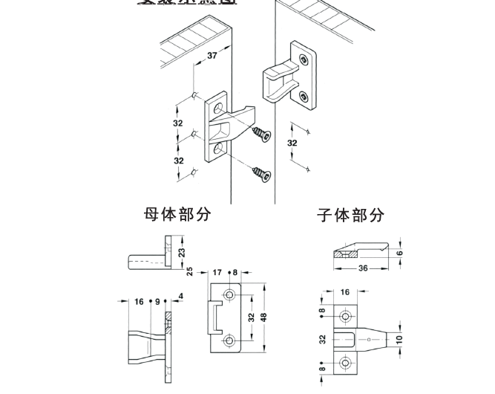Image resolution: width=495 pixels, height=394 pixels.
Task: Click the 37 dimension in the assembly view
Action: [x=212, y=56]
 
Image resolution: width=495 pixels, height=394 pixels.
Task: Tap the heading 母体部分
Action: [x=177, y=214]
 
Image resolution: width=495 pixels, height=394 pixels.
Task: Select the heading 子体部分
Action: [x=351, y=216]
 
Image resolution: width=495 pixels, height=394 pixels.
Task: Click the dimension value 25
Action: [x=190, y=271]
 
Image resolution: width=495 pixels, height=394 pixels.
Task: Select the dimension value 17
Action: [x=217, y=273]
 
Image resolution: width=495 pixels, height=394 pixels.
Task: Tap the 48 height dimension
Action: [x=263, y=317]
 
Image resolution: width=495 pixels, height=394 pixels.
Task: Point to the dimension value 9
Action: [x=157, y=302]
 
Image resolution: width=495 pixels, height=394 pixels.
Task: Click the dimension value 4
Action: [x=180, y=297]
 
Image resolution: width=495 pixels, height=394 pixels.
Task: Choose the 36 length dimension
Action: [x=363, y=268]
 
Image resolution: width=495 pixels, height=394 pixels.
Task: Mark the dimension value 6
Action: [x=399, y=253]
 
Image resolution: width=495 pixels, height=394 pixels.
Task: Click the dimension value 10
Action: [x=399, y=339]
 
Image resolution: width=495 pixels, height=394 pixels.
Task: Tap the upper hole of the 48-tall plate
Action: [x=229, y=296]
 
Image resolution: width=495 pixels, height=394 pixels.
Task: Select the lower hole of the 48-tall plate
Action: [x=229, y=342]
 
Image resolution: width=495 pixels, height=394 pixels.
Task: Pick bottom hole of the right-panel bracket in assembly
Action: [x=303, y=95]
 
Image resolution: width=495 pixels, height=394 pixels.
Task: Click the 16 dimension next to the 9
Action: [x=139, y=302]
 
